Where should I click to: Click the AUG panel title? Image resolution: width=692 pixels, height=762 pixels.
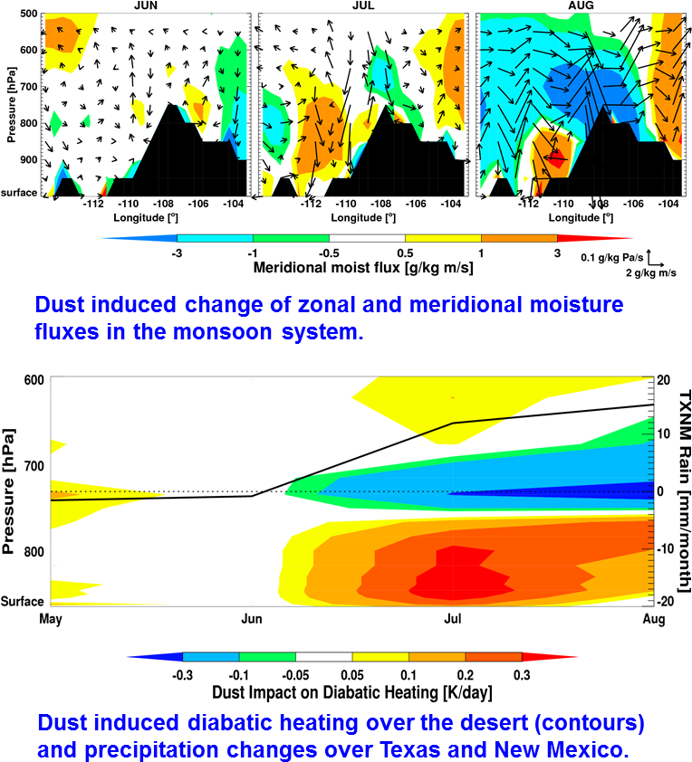[x=580, y=5]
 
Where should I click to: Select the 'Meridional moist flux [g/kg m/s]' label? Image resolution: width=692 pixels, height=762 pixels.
[x=363, y=268]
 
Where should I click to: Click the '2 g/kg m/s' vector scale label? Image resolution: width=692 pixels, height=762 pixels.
[x=651, y=272]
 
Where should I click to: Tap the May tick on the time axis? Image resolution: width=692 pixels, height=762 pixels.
[x=50, y=620]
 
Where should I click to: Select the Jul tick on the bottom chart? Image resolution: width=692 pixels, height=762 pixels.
[x=453, y=620]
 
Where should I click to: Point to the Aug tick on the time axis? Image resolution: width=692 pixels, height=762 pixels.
[x=653, y=620]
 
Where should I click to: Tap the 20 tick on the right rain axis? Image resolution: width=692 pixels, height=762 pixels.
[x=664, y=380]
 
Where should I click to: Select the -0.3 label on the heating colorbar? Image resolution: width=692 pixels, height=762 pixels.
[x=183, y=674]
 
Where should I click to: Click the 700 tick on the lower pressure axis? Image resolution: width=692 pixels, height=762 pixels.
[x=30, y=466]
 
